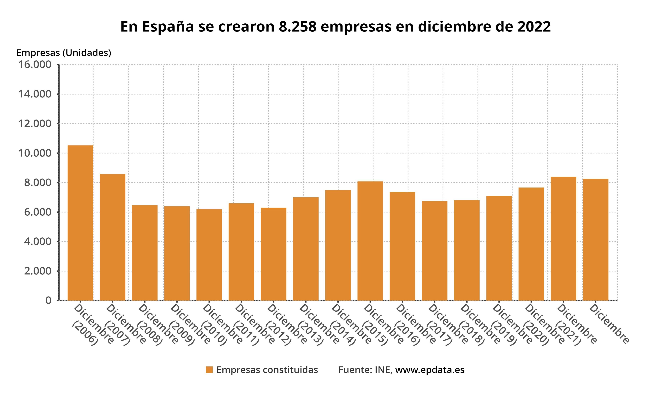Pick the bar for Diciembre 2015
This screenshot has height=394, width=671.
[370, 241]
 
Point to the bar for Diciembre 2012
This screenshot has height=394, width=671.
[273, 254]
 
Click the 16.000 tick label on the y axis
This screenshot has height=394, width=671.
[35, 65]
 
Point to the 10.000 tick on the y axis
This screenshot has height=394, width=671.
[35, 153]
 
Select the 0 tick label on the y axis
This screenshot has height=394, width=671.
[48, 301]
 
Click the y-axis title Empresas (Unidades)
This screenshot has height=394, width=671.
[64, 53]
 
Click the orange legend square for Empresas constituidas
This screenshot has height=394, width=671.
[209, 370]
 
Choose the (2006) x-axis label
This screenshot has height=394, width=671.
[85, 337]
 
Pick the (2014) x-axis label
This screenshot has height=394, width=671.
[343, 337]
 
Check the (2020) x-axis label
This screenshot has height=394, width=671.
[536, 337]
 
